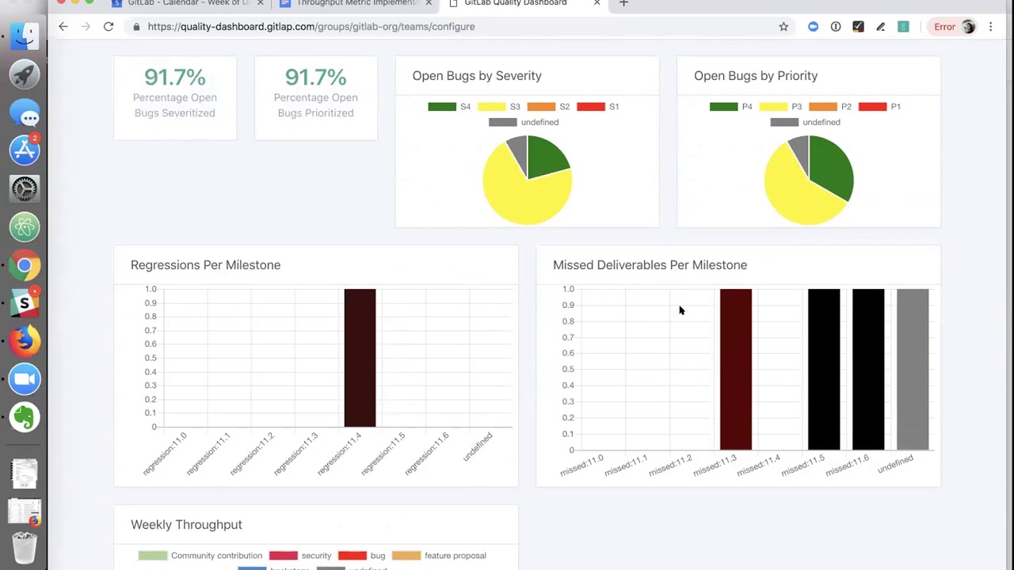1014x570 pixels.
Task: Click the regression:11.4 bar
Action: [360, 358]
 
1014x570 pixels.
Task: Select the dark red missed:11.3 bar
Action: [735, 369]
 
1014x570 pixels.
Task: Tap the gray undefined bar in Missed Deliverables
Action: [912, 369]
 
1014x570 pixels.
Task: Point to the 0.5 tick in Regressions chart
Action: [151, 358]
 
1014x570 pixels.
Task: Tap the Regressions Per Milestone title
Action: [205, 265]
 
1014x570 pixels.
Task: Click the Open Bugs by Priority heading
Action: [756, 76]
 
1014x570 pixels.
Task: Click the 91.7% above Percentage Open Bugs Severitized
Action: [175, 78]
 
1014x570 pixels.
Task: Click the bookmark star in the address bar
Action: [783, 26]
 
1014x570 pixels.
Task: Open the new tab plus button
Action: [623, 3]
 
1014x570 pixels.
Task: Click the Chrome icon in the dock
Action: [25, 266]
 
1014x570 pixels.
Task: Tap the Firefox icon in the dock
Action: [25, 341]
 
